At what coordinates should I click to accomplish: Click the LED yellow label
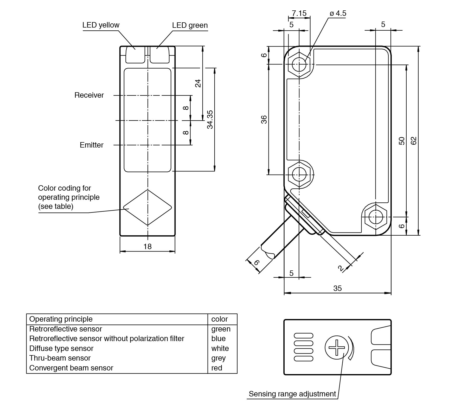click(x=101, y=25)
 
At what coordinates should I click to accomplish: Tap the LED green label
click(x=190, y=25)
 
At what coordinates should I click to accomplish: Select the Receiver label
click(x=89, y=95)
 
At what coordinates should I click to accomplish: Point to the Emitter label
click(x=92, y=145)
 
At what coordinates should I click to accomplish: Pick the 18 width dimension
click(x=148, y=247)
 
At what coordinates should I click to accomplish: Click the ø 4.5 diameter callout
click(x=338, y=14)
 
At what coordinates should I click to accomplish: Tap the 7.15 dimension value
click(x=299, y=13)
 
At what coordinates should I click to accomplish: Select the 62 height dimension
click(x=413, y=141)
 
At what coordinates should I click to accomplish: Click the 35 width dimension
click(x=337, y=288)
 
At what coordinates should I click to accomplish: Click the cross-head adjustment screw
click(x=337, y=347)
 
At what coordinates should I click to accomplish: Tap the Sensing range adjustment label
click(x=292, y=394)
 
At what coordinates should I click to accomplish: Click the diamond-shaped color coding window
click(x=148, y=208)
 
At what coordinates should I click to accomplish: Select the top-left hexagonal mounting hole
click(x=299, y=64)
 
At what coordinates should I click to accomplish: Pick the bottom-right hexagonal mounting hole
click(x=376, y=217)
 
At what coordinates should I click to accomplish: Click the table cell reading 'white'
click(x=220, y=348)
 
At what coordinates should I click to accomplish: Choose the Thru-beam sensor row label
click(x=60, y=358)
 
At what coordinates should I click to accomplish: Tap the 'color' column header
click(x=220, y=319)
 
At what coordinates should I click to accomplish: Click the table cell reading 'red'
click(x=217, y=368)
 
